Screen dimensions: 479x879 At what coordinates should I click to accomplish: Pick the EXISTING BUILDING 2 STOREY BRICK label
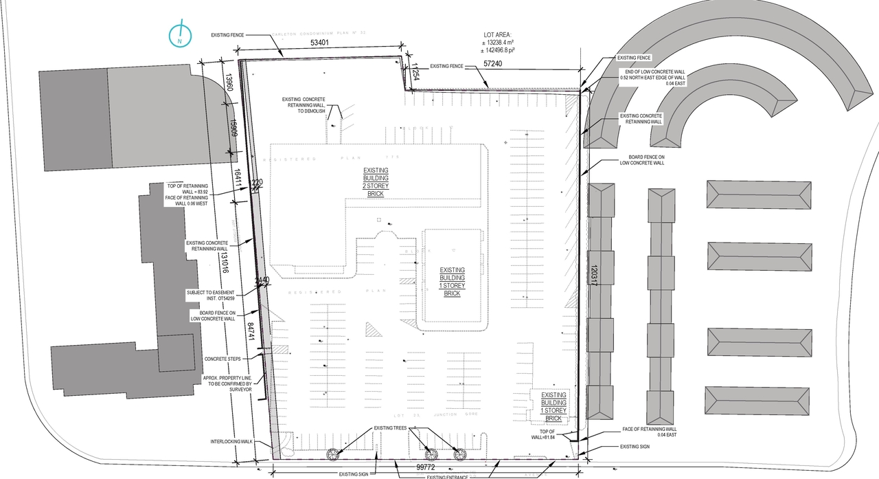pos(376,182)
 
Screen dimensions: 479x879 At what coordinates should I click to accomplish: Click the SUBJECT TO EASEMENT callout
pos(211,296)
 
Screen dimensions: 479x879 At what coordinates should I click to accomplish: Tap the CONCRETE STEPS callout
pos(220,359)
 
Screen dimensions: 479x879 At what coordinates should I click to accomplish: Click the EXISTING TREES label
pos(390,428)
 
